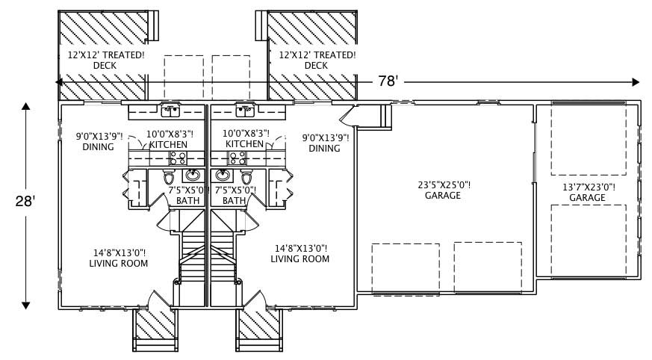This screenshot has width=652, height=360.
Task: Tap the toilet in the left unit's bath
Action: pyautogui.click(x=168, y=178)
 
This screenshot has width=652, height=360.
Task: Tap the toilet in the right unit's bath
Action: pyautogui.click(x=246, y=178)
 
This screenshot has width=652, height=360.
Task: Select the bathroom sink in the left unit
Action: pyautogui.click(x=193, y=176)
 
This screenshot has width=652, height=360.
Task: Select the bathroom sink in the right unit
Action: pyautogui.click(x=222, y=176)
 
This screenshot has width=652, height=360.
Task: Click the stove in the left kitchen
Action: pyautogui.click(x=178, y=158)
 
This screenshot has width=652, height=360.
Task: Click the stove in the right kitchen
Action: pyautogui.click(x=237, y=158)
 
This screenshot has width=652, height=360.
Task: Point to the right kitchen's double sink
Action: pyautogui.click(x=244, y=111)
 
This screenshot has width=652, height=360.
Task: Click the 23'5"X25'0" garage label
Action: pyautogui.click(x=443, y=190)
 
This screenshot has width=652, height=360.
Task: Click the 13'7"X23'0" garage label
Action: pyautogui.click(x=587, y=193)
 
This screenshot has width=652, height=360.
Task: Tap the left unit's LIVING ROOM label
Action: pyautogui.click(x=118, y=258)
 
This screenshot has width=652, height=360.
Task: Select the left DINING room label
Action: pyautogui.click(x=98, y=142)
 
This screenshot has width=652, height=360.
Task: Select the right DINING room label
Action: pyautogui.click(x=324, y=143)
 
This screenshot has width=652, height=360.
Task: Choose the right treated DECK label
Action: pyautogui.click(x=317, y=60)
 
